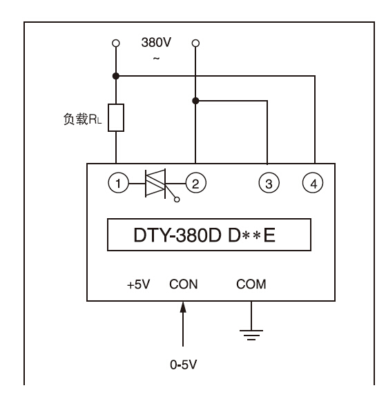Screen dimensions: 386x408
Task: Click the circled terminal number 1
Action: pos(119,183)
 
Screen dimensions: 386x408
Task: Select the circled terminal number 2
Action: pos(195,183)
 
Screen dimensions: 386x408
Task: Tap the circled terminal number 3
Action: pos(269,183)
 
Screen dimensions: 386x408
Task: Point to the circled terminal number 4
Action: pos(313,183)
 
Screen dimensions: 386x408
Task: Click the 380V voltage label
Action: pos(156,42)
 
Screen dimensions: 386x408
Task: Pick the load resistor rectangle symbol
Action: pos(116,117)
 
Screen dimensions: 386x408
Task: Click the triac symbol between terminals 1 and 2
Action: pos(155,184)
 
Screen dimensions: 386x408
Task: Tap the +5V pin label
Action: pos(139,284)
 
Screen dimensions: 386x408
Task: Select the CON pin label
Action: pos(184,284)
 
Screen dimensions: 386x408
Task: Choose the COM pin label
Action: pos(251,284)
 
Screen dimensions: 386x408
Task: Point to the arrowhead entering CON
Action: pos(183,307)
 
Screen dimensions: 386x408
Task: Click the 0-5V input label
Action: pos(184,365)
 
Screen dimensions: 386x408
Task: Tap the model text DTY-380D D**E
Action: pos(204,235)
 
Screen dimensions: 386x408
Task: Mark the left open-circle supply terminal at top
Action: pos(116,43)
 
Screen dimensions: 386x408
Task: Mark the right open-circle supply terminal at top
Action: pos(195,43)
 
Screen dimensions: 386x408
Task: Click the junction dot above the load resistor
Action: pos(116,76)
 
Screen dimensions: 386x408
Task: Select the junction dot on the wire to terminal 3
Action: pos(195,101)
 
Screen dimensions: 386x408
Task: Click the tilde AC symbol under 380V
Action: pos(156,59)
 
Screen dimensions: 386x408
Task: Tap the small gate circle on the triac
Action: pos(177,200)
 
